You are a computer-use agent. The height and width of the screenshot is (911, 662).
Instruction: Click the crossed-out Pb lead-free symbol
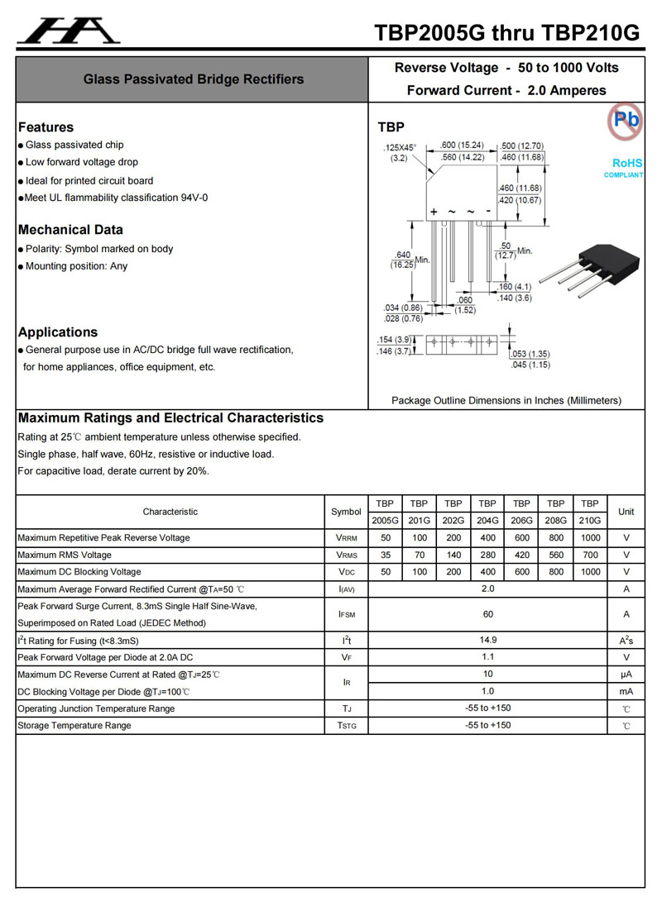[x=626, y=122]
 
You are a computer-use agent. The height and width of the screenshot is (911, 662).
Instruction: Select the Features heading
[x=46, y=127]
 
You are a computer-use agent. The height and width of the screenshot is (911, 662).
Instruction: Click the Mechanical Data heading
[x=70, y=230]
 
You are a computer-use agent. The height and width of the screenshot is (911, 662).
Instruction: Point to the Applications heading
[x=58, y=332]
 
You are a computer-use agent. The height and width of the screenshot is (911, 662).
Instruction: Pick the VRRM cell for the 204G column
[x=487, y=538]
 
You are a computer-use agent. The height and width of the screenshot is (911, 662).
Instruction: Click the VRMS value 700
[x=589, y=556]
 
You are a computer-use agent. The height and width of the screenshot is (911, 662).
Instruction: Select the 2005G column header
[x=385, y=521]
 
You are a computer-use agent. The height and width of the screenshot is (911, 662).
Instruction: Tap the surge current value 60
[x=487, y=614]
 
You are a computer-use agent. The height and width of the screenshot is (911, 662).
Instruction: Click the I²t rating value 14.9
[x=487, y=641]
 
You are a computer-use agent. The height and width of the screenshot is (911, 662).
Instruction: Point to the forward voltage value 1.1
[x=487, y=657]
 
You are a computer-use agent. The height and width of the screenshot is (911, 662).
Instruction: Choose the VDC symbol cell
[x=346, y=572]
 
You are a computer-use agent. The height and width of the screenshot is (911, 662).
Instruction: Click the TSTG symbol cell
[x=346, y=726]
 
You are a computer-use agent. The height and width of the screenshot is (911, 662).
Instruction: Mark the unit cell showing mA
[x=626, y=691]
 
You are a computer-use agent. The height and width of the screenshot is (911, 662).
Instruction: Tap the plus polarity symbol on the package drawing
[x=434, y=212]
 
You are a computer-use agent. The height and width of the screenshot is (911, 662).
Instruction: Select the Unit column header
[x=626, y=512]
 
